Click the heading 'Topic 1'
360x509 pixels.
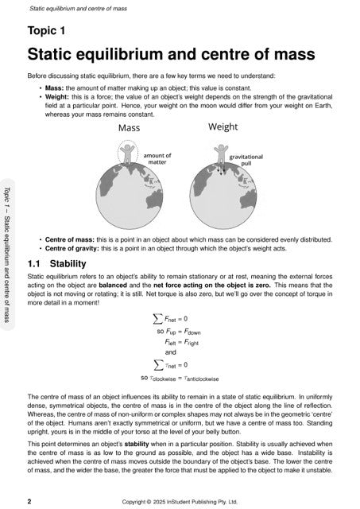pos(48,31)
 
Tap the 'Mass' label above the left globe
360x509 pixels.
pos(130,128)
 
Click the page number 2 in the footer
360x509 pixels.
pos(29,503)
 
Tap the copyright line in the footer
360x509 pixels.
pos(180,503)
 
